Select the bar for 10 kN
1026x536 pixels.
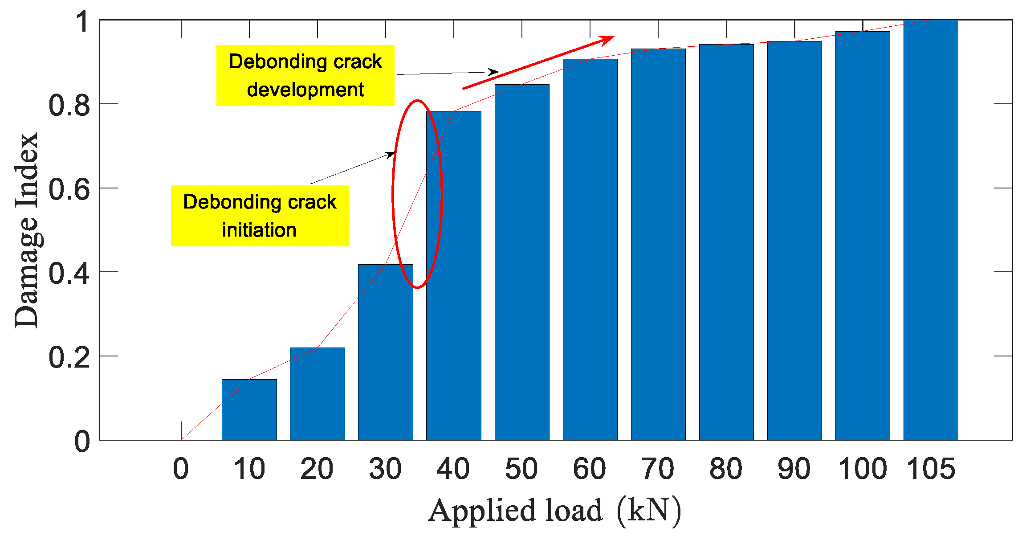(x=249, y=410)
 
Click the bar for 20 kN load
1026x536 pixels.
(x=317, y=394)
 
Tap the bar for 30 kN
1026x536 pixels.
(x=385, y=352)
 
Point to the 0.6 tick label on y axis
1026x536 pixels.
(x=69, y=189)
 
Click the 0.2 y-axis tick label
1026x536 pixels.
(x=69, y=357)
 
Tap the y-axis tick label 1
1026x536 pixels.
(x=83, y=21)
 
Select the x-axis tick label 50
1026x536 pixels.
(x=521, y=469)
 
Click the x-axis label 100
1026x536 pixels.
(x=863, y=469)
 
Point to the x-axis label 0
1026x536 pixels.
(x=181, y=469)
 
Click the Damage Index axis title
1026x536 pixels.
(x=27, y=230)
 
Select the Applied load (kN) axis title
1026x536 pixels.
(x=555, y=511)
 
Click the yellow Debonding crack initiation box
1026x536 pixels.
(x=260, y=216)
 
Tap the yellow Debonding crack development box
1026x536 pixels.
(x=305, y=75)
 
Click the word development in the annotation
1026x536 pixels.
(x=305, y=90)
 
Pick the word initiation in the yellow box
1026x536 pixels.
(x=259, y=230)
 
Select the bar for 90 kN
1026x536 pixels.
(x=794, y=241)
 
